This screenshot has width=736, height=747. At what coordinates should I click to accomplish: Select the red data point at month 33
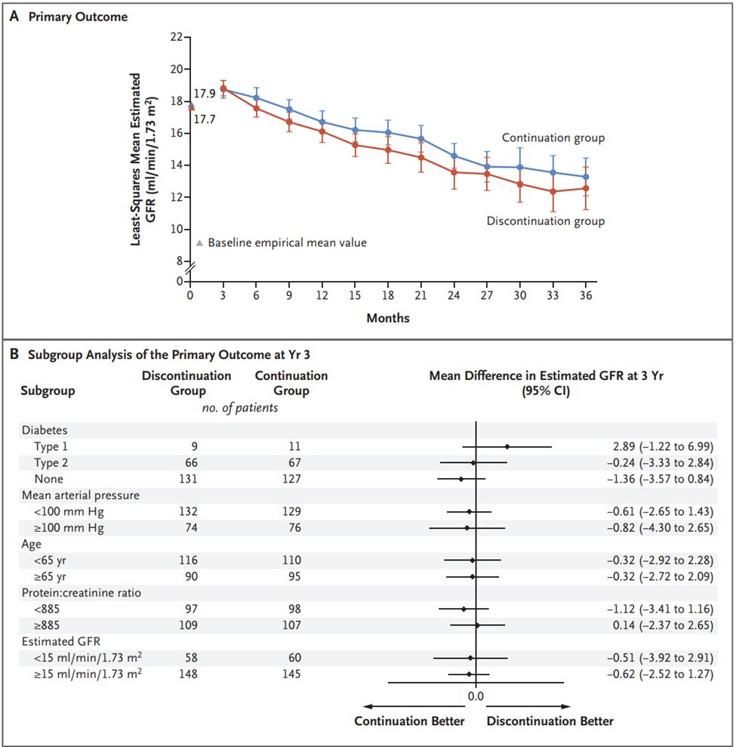[x=553, y=192]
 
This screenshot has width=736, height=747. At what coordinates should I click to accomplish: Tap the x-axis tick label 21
[x=420, y=295]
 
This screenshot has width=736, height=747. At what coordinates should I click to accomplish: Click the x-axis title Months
[x=388, y=318]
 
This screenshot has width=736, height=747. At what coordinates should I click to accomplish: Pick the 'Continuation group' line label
[x=553, y=138]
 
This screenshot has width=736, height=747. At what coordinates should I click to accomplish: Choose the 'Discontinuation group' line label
[x=546, y=221]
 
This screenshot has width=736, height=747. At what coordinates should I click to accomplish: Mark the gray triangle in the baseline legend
[x=199, y=243]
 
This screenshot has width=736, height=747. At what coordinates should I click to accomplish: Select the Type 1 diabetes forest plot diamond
[x=507, y=446]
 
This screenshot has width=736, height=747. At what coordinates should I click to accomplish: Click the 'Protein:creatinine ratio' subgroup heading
[x=81, y=593]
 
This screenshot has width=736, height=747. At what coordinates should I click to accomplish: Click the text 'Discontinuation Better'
[x=550, y=721]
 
